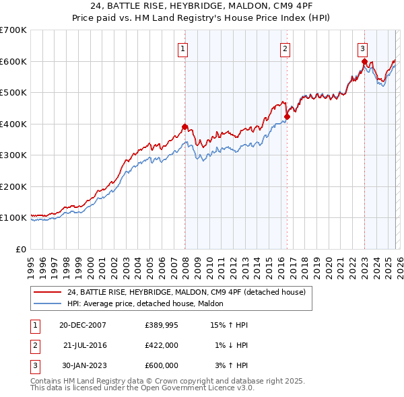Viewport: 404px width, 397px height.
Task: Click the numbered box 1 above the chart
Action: coord(183,48)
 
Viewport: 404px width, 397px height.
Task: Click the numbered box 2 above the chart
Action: coord(285,48)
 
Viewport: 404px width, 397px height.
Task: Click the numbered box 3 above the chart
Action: coord(362,48)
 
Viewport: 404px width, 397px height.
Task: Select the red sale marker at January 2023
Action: coord(364,61)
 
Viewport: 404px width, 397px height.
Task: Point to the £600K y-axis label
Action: coord(13,61)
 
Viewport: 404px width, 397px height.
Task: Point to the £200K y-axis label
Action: coord(13,186)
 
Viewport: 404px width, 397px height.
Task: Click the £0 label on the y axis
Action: coord(21,249)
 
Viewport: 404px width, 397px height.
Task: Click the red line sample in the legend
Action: coord(47,292)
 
